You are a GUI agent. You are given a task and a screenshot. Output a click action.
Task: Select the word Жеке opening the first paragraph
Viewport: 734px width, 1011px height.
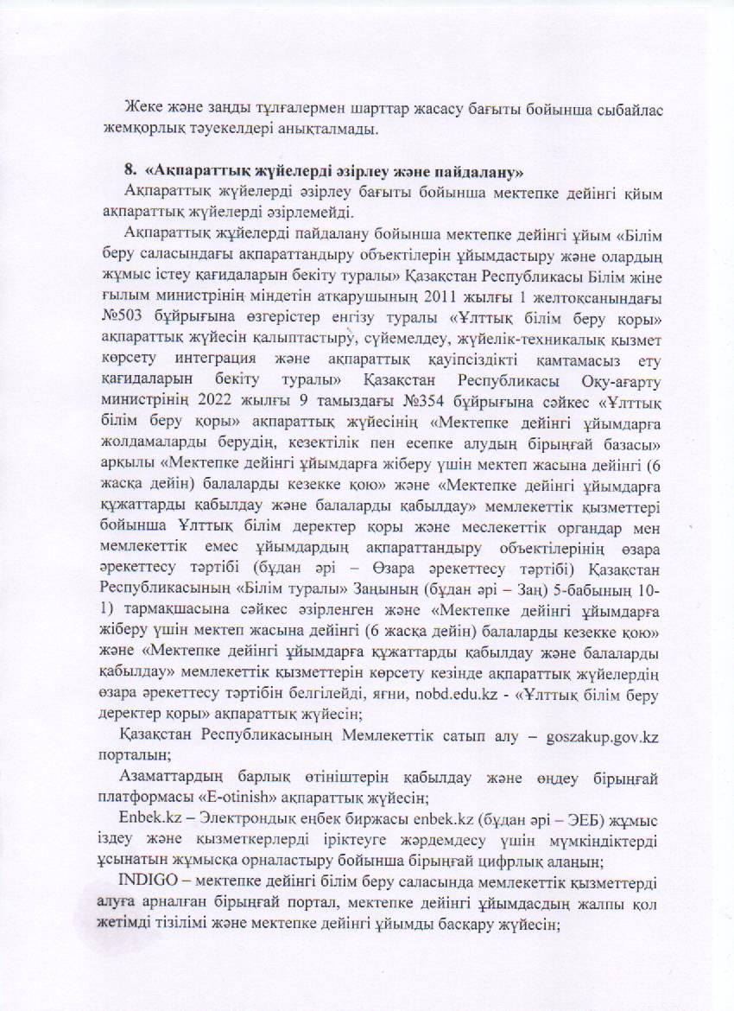143,111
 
